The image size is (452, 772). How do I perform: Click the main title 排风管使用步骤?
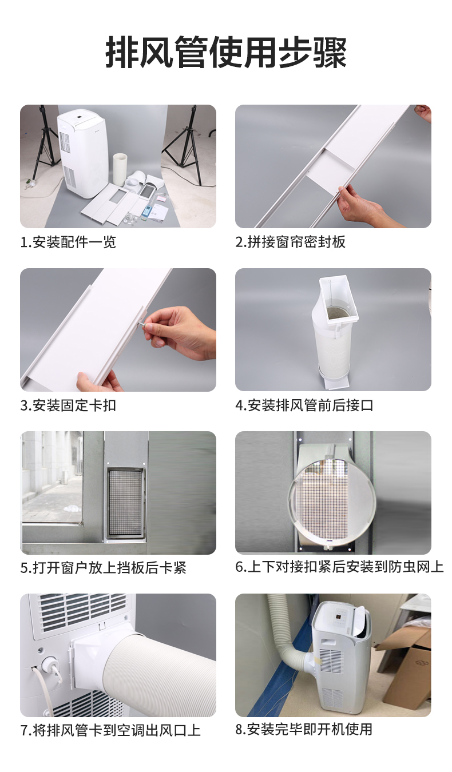[226, 53]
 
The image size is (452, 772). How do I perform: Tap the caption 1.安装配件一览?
[68, 242]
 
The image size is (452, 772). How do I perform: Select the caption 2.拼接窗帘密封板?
[290, 242]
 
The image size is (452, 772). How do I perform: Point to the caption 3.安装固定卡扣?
[68, 405]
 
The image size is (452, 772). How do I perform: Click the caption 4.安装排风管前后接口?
[304, 405]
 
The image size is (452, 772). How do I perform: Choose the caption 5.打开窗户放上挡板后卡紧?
[104, 567]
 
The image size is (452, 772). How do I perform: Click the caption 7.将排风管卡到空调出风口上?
[110, 730]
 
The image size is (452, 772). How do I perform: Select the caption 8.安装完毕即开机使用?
[304, 729]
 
